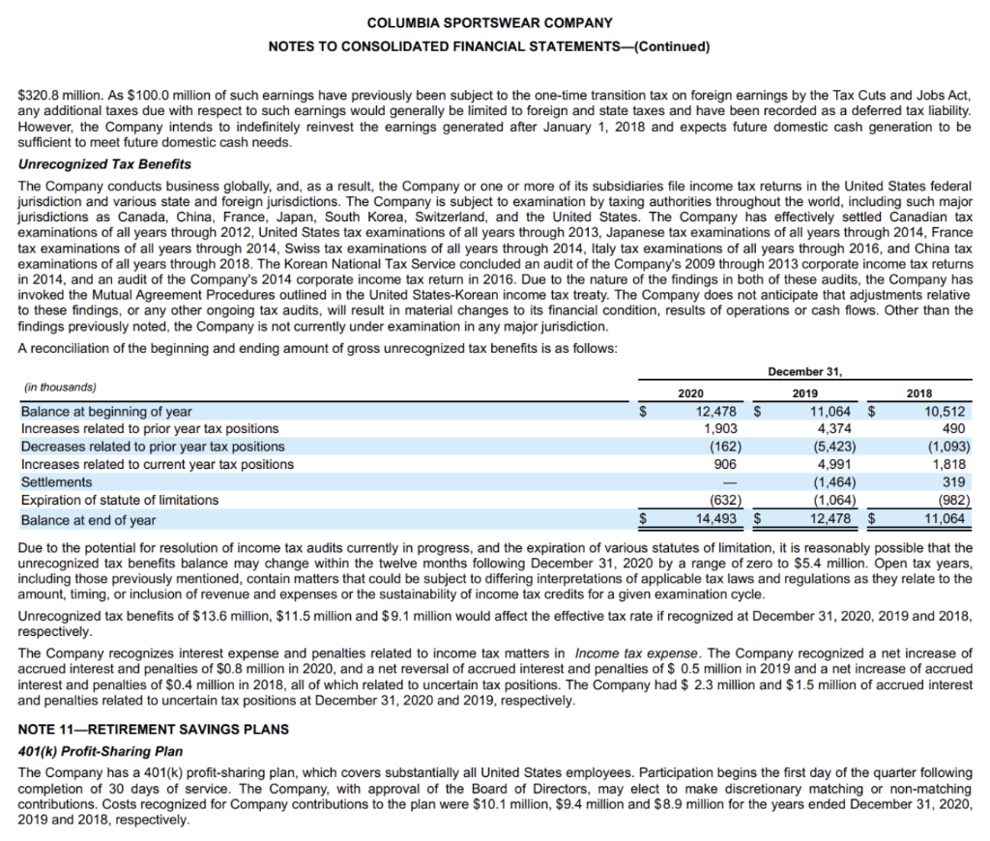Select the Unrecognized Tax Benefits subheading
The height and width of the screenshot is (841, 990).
coord(104,164)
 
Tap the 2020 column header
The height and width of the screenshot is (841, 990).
coord(690,393)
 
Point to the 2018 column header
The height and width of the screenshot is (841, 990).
coord(919,393)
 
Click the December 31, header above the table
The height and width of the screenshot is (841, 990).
coord(803,371)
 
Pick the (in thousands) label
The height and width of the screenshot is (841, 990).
coord(59,388)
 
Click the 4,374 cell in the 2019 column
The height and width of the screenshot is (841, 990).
coord(834,428)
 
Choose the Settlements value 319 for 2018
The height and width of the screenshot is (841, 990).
coord(954,481)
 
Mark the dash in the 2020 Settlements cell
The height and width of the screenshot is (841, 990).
coord(733,481)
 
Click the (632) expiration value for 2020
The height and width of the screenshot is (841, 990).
coord(725,500)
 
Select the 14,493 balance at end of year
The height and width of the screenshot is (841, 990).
coord(720,519)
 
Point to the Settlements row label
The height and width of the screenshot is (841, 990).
coord(57,481)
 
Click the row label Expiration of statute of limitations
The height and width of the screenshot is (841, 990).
coord(120,500)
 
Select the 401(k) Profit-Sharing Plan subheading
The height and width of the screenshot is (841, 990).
coord(101,750)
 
